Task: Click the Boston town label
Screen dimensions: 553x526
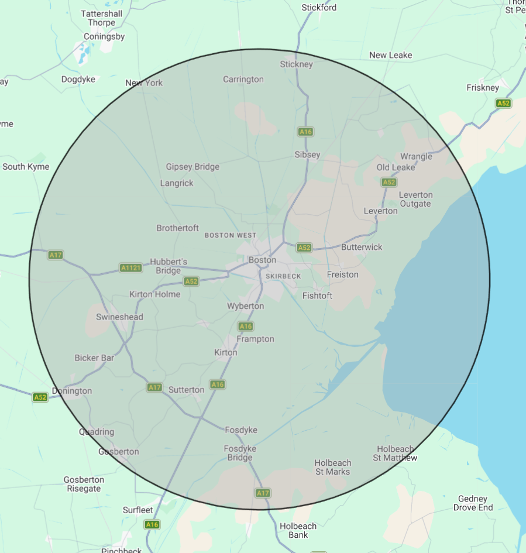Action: pyautogui.click(x=262, y=260)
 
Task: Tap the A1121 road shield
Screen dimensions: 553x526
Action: pyautogui.click(x=130, y=268)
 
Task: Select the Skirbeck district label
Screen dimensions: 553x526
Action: pyautogui.click(x=283, y=276)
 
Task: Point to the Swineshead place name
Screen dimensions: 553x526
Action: pyautogui.click(x=119, y=317)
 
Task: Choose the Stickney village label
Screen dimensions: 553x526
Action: pyautogui.click(x=297, y=64)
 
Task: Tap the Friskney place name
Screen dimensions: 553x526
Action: pyautogui.click(x=483, y=88)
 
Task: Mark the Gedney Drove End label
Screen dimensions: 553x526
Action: pyautogui.click(x=473, y=503)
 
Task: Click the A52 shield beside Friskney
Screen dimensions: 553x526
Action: pyautogui.click(x=503, y=104)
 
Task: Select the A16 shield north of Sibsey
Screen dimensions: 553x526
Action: pyautogui.click(x=305, y=132)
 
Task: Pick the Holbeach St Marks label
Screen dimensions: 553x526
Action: pyautogui.click(x=332, y=467)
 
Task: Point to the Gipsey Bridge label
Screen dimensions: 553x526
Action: pyautogui.click(x=192, y=167)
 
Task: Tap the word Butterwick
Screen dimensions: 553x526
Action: pyautogui.click(x=362, y=247)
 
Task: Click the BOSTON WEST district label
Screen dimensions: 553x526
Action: pyautogui.click(x=231, y=235)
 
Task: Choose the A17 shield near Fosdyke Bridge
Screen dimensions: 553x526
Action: pyautogui.click(x=263, y=493)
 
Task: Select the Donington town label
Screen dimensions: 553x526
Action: pyautogui.click(x=72, y=391)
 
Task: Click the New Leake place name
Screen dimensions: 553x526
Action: pyautogui.click(x=391, y=55)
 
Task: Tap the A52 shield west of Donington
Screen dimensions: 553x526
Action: pyautogui.click(x=40, y=397)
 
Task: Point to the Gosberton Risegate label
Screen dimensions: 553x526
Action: pyautogui.click(x=84, y=484)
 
